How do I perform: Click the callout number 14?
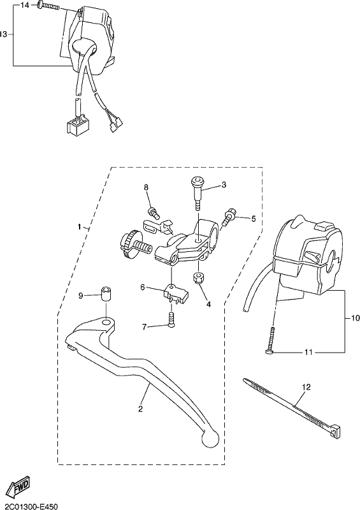[24, 5]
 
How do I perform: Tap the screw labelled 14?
[48, 6]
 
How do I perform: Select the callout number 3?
[224, 185]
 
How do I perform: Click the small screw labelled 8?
[154, 212]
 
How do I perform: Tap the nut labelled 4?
[198, 278]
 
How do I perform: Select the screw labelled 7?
[171, 320]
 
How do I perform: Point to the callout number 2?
[140, 409]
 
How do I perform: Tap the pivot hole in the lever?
[106, 323]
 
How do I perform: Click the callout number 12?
[306, 387]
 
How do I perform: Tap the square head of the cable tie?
[336, 430]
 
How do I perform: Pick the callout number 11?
[308, 353]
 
